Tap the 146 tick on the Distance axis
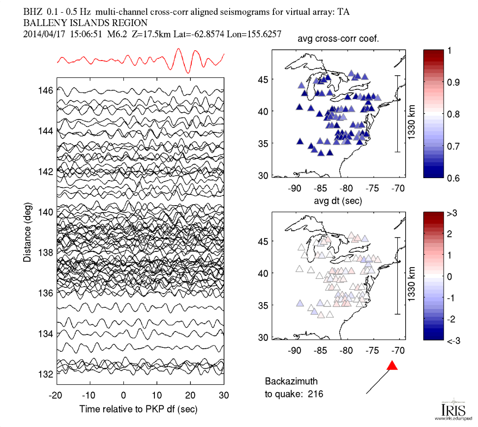pyautogui.click(x=47, y=91)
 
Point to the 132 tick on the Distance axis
pyautogui.click(x=47, y=374)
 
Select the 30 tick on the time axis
pyautogui.click(x=224, y=395)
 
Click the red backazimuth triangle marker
pyautogui.click(x=392, y=366)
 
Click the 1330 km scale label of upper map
pyautogui.click(x=411, y=114)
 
